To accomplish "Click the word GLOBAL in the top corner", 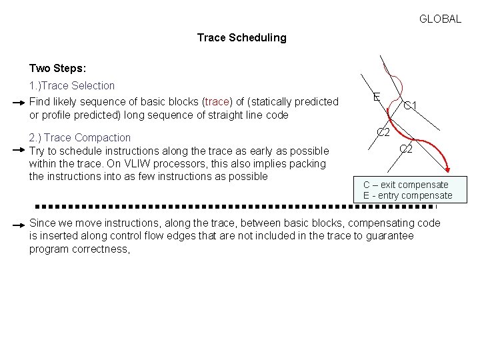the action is coord(440,19).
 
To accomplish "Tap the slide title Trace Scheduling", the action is coord(241,38).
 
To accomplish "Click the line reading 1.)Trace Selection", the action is coord(72,86).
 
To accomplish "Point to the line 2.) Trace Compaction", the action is coord(80,138).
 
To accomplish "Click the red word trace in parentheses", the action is coord(217,102).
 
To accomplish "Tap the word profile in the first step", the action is coord(54,115).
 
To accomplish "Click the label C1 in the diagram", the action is coord(410,106).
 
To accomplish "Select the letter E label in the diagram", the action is coord(377,97).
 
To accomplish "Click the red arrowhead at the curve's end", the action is coord(451,171).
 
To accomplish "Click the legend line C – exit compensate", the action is coord(405,185).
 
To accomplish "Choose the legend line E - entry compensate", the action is coord(407,196).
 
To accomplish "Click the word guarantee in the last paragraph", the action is coord(391,236).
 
